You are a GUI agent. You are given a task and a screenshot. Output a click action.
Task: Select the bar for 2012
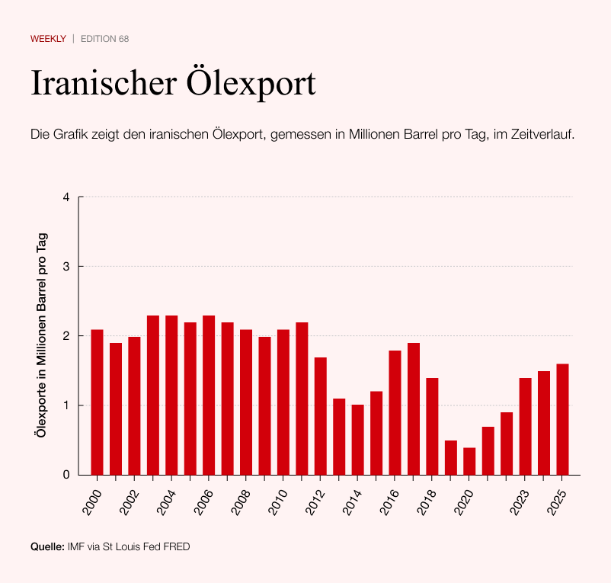tap(320, 416)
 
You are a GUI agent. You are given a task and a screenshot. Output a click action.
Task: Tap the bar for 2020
tap(469, 461)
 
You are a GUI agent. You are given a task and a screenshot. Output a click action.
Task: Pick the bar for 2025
tap(562, 419)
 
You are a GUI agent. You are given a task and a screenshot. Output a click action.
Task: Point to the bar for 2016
tap(395, 412)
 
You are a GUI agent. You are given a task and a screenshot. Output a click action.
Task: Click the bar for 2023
tap(525, 426)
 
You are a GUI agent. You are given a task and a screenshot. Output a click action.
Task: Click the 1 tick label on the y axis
tap(66, 405)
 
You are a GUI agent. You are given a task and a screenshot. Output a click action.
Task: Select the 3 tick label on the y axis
tap(66, 267)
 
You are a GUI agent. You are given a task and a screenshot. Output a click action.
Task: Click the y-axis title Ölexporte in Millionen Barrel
tap(43, 335)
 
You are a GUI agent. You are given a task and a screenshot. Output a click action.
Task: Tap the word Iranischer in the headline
tap(102, 82)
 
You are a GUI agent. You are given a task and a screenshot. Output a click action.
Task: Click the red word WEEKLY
tap(48, 39)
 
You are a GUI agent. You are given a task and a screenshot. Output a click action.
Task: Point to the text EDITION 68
tap(104, 39)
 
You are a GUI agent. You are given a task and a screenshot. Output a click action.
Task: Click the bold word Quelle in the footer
tap(47, 546)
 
